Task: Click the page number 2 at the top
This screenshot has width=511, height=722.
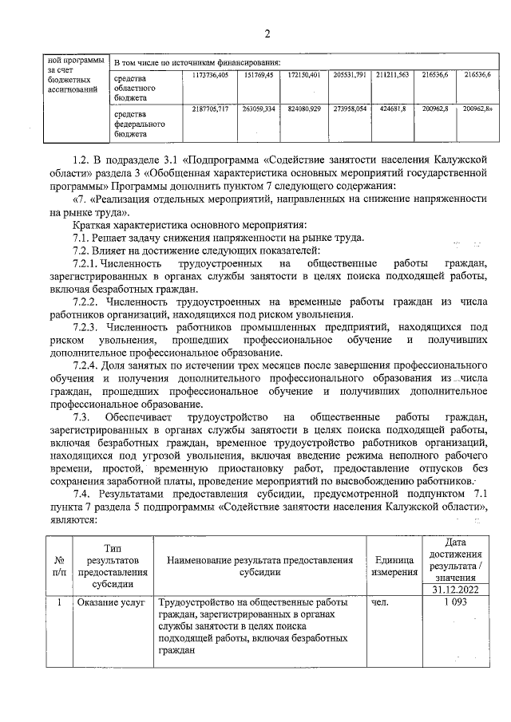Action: click(x=269, y=34)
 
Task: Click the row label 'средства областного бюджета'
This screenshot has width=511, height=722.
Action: click(x=134, y=87)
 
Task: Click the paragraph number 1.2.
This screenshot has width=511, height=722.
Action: click(x=81, y=160)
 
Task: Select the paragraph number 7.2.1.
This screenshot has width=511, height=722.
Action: click(x=88, y=263)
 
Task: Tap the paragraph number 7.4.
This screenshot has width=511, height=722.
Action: click(x=81, y=494)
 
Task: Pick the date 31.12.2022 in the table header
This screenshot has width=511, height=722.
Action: click(x=453, y=590)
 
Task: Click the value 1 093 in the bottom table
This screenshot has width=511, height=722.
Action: click(x=453, y=603)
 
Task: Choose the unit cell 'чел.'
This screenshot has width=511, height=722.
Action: click(x=380, y=603)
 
